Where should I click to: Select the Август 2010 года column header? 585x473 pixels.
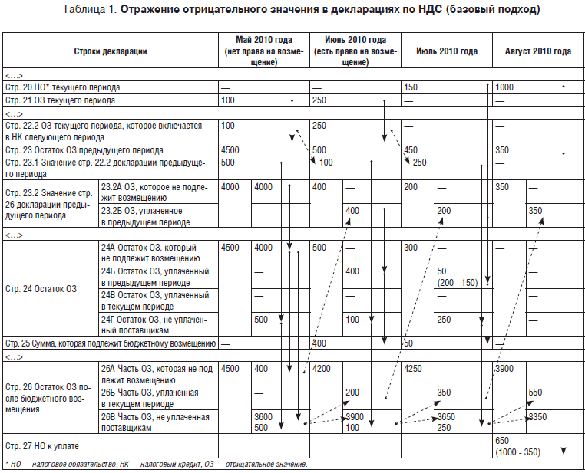[x=537, y=51]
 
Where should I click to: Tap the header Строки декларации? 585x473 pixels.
[x=111, y=51]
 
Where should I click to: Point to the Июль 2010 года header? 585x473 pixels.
[x=447, y=51]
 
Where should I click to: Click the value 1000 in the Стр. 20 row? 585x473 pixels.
[x=505, y=88]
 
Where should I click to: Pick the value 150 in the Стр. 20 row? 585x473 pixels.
[x=411, y=88]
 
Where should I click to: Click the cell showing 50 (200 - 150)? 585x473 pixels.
[x=457, y=277]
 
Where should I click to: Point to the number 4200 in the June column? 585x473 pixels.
[x=322, y=369]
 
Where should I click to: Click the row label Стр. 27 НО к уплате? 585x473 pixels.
[x=42, y=445]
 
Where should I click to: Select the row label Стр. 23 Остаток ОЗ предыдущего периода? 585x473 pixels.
[x=84, y=150]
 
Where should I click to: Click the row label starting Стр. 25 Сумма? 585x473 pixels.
[x=111, y=343]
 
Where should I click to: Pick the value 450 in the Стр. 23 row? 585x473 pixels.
[x=411, y=150]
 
